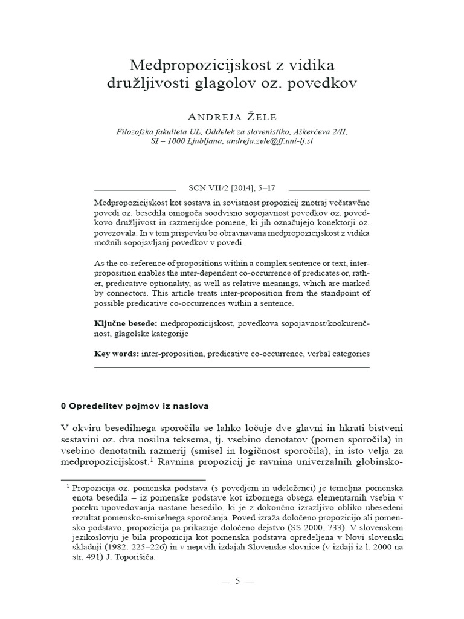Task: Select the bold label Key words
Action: click(117, 353)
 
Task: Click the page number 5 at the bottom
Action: click(237, 581)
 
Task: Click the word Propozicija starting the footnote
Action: click(94, 488)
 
